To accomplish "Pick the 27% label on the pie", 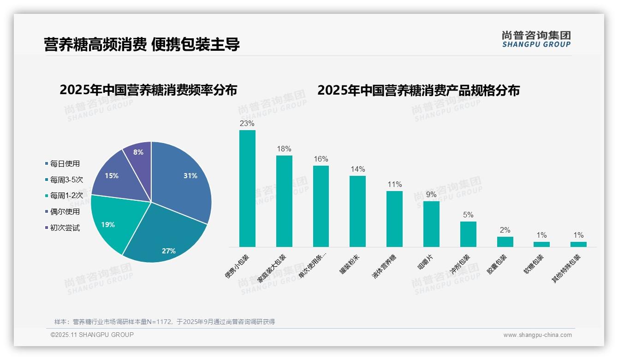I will (x=169, y=251).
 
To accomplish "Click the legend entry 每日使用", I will (x=65, y=163).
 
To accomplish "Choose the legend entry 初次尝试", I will (x=65, y=228).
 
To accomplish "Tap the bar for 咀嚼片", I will (x=431, y=224).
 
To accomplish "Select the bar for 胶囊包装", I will (x=505, y=242).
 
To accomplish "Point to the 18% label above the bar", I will (x=284, y=149).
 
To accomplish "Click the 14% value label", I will (x=357, y=169).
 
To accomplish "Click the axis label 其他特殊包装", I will (x=567, y=269).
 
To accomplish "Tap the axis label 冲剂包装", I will (x=460, y=264).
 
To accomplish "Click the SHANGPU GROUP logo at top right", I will (x=536, y=39).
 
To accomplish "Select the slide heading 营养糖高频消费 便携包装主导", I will (x=142, y=45).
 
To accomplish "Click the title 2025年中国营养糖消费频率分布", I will (x=148, y=90).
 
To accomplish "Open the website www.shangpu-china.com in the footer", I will (x=537, y=335).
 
